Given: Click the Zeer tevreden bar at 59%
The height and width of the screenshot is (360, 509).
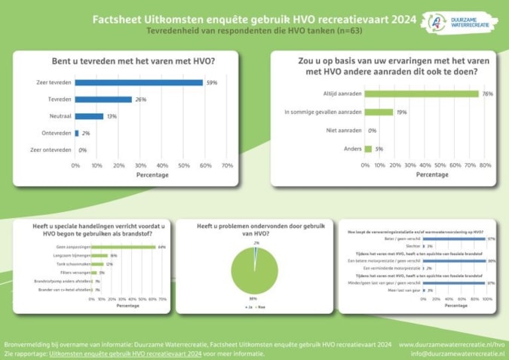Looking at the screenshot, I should (139, 82).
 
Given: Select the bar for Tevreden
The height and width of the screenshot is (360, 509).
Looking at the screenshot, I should (103, 100).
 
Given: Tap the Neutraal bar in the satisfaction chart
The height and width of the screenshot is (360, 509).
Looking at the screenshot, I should (89, 116).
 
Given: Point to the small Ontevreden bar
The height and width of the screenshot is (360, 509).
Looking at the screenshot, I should (77, 134).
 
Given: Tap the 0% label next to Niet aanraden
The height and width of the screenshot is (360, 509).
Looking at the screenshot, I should (373, 130).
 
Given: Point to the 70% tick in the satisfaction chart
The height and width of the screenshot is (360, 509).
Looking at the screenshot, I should (227, 165).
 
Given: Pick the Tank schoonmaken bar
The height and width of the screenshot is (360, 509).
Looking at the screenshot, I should (97, 264).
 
